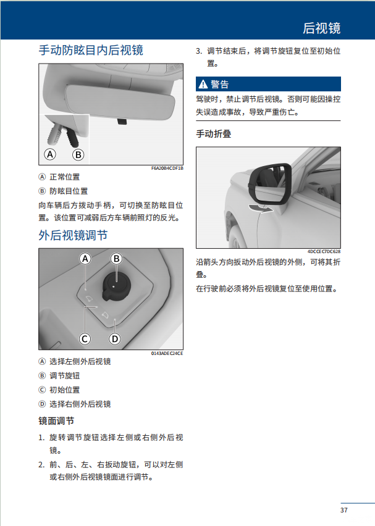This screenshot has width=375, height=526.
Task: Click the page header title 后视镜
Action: tap(322, 28)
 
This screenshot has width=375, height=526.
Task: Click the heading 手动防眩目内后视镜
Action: tap(91, 51)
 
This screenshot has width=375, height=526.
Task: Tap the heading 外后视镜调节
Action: tap(73, 235)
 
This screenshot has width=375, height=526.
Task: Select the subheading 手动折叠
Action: tap(214, 134)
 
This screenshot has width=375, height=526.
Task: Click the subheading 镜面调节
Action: tap(56, 421)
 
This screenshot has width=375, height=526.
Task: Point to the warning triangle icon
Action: tap(203, 84)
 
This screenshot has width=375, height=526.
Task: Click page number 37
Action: tap(343, 510)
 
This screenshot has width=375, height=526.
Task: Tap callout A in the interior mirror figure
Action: tap(50, 154)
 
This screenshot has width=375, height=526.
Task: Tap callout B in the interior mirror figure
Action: tap(78, 154)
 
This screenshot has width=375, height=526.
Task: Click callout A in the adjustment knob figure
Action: tap(85, 259)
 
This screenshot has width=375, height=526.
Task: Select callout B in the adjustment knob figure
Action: tap(117, 259)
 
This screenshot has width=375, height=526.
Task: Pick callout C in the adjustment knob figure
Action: tap(85, 339)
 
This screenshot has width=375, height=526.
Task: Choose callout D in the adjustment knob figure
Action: tap(115, 339)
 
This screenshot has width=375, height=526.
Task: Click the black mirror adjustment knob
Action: tap(116, 286)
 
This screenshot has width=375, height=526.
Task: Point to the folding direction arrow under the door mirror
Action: tap(261, 209)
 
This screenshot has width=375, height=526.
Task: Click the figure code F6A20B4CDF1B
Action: tap(167, 168)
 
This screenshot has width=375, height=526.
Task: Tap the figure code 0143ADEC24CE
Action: tap(167, 353)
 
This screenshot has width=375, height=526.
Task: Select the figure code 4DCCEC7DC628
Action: tap(324, 251)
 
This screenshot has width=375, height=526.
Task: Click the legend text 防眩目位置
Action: tap(69, 191)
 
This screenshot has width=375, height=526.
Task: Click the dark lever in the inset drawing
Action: tap(72, 138)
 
